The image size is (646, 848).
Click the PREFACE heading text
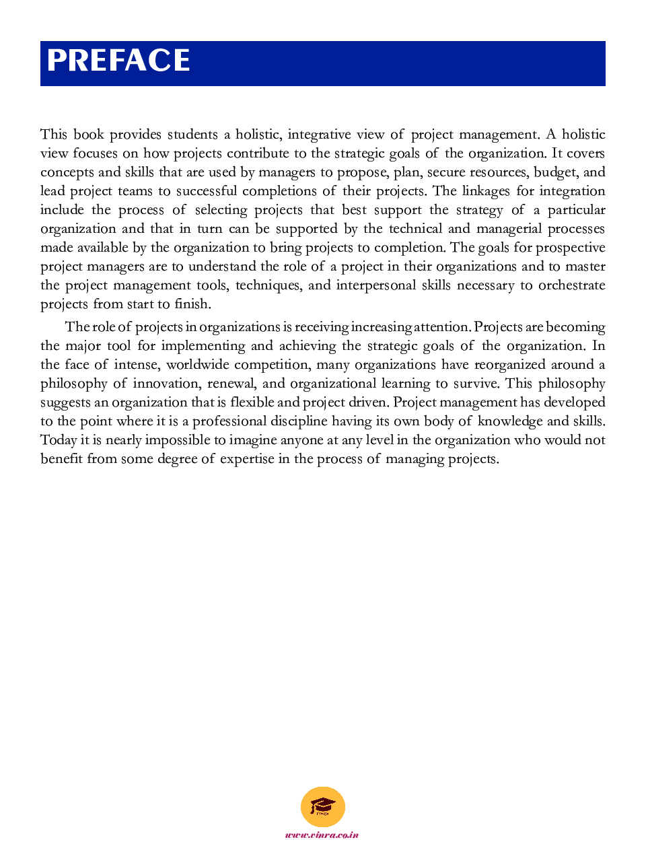[x=118, y=61]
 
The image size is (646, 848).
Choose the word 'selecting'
[x=221, y=209]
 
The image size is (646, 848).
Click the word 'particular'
[x=576, y=209]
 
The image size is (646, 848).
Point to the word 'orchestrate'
[x=571, y=285]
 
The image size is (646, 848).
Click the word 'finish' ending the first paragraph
[x=192, y=304]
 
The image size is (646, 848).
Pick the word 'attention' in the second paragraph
[x=441, y=326]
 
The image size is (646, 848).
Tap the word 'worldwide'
[x=198, y=364]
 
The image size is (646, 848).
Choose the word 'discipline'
[x=308, y=421]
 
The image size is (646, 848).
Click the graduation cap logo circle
[x=323, y=806]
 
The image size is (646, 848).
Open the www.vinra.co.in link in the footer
[x=322, y=835]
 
